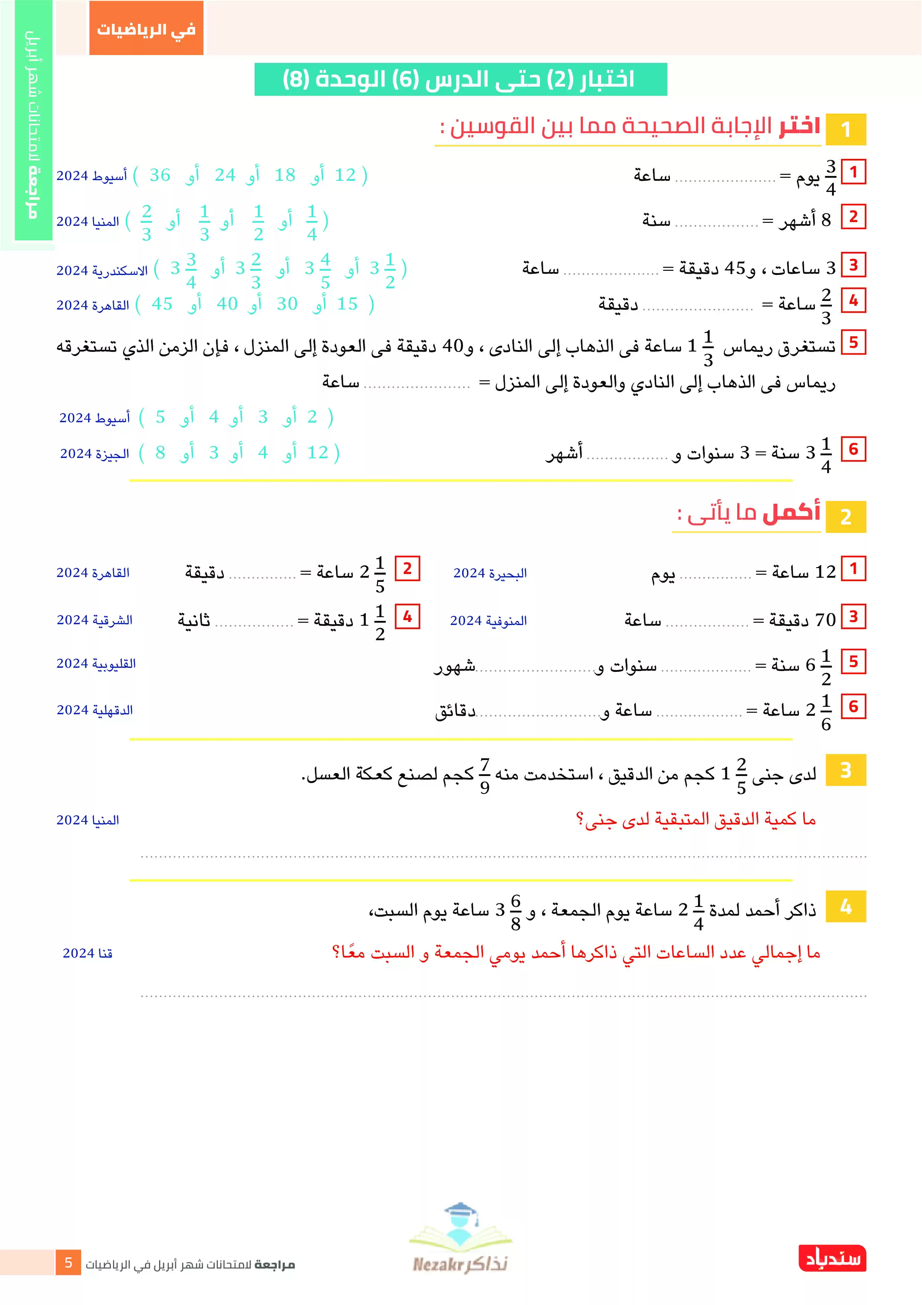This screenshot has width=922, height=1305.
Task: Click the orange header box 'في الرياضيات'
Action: point(146,28)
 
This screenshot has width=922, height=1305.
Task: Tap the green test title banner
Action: point(460,79)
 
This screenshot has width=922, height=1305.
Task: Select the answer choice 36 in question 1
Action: point(159,175)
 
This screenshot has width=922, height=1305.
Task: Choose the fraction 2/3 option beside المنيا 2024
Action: point(146,222)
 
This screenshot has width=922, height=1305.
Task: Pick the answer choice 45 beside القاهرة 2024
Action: point(162,304)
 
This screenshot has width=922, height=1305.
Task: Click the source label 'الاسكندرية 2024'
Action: point(102,270)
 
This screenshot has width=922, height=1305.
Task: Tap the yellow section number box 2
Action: point(845,517)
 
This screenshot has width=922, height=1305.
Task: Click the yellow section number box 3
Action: point(845,770)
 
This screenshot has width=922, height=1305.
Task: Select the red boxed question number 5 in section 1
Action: point(853,343)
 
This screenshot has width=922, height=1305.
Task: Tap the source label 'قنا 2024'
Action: point(87,953)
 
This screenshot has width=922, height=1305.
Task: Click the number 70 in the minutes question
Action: point(825,619)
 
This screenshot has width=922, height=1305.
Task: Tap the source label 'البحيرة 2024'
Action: point(490,573)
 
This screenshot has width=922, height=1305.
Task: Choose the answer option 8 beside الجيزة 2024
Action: point(160,453)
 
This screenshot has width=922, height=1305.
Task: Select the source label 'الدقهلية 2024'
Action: point(95,710)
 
